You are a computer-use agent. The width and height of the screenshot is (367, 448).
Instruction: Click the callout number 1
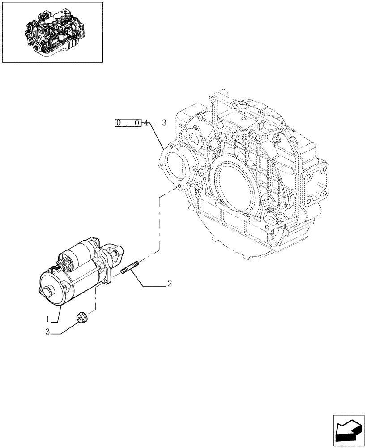[47, 320]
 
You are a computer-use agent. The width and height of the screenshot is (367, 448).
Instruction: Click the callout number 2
[170, 283]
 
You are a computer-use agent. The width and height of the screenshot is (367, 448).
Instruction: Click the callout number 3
[47, 333]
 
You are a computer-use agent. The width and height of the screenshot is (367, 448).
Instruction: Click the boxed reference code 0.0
[128, 122]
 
